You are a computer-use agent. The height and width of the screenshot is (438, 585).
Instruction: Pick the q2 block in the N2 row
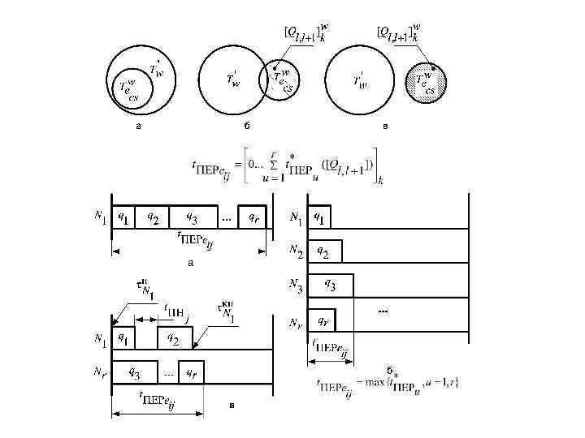pos(325,252)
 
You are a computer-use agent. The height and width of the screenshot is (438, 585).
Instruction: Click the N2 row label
pos(297,254)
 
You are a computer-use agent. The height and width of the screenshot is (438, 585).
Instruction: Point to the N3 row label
pos(297,285)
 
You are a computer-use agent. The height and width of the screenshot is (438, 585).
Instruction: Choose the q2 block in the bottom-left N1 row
pos(174,338)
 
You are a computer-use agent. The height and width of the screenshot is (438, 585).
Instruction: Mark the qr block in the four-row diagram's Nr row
pos(323,321)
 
